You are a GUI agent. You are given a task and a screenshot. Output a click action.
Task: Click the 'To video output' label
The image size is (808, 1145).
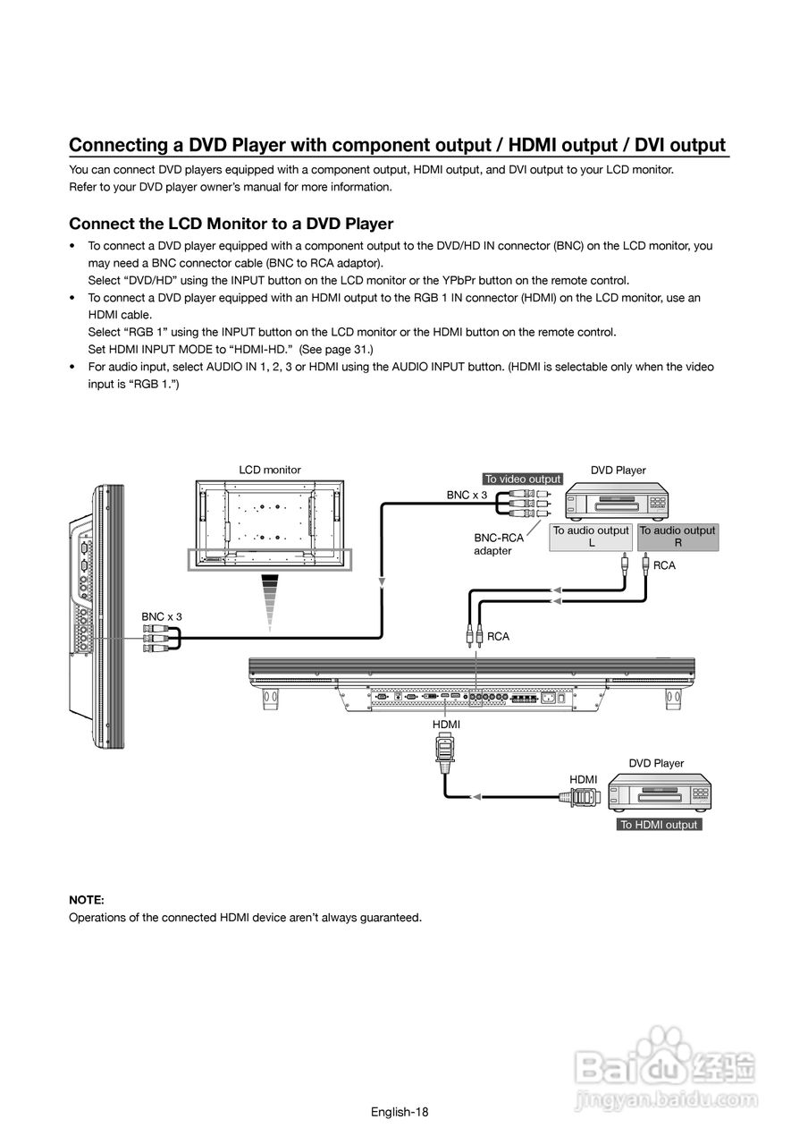523,479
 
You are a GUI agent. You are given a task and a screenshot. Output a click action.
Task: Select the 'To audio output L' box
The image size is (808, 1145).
591,536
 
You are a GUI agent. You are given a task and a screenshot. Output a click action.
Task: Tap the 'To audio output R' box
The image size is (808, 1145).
678,536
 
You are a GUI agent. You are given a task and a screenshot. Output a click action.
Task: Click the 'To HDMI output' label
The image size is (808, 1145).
659,825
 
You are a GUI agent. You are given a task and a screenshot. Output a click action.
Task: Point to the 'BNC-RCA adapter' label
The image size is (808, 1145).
498,544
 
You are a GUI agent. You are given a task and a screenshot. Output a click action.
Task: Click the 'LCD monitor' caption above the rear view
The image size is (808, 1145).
270,470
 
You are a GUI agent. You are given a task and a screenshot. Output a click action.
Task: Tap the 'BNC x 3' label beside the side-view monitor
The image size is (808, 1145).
162,617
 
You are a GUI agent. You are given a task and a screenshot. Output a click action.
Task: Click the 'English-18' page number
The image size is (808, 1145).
400,1112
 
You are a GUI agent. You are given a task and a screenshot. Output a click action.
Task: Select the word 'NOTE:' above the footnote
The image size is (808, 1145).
87,899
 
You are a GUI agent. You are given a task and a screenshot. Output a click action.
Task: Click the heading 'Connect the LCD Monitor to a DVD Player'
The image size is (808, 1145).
231,224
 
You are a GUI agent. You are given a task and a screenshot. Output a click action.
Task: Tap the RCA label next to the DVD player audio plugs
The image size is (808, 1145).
664,565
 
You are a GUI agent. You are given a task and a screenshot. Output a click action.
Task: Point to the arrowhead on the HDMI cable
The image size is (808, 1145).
476,796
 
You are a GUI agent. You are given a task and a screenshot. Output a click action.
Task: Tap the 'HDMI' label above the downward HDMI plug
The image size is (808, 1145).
446,724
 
